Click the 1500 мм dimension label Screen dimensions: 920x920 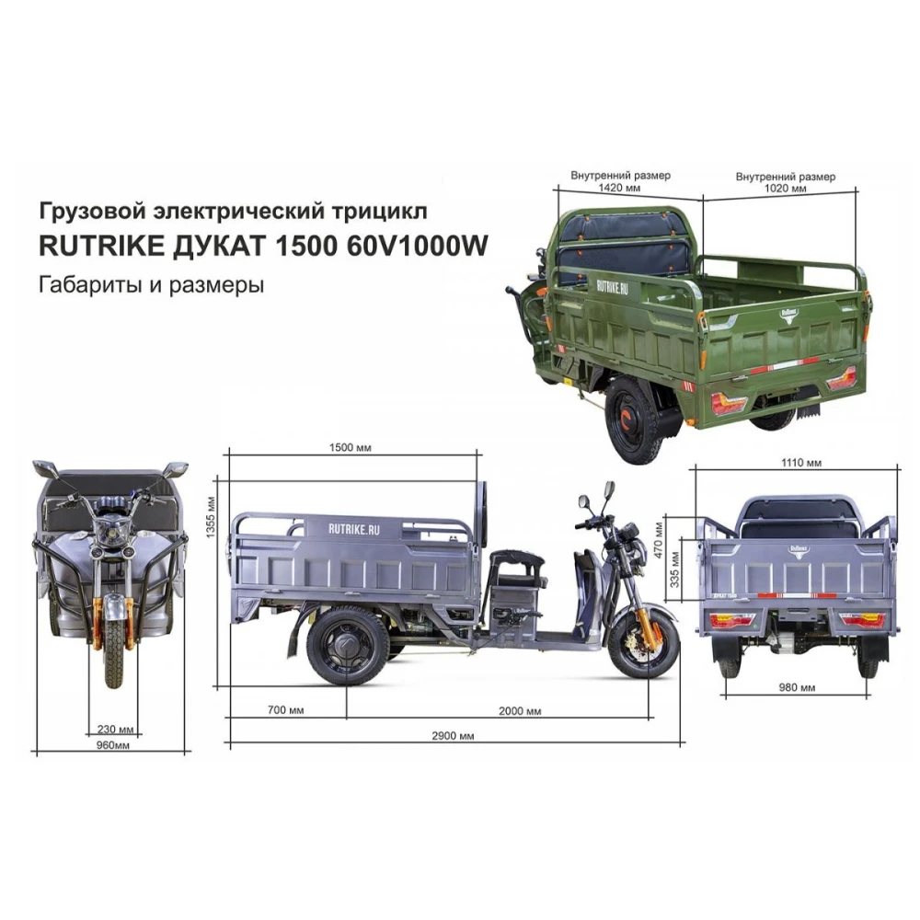pos(350,448)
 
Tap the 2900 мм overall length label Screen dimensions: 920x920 pos(453,736)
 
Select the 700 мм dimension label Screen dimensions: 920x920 pos(286,710)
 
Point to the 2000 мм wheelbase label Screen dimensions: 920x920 pos(520,711)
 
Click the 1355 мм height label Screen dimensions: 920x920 pos(212,517)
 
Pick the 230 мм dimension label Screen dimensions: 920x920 pos(115,730)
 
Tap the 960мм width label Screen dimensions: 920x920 pos(112,745)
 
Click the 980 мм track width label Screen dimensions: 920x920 pos(797,687)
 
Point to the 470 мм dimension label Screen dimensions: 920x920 pos(659,540)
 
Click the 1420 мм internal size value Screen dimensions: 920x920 pos(619,188)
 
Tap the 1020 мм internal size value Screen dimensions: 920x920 pos(785,189)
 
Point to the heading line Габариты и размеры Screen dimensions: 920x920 pos(152,285)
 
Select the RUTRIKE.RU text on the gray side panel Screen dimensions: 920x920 pos(354,529)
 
